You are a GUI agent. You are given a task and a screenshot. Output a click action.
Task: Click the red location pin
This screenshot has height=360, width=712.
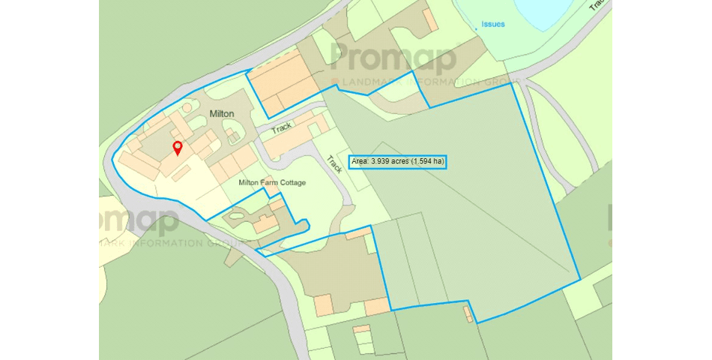click(x=178, y=147)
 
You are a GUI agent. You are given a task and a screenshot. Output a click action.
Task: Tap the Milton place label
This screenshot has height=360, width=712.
click(x=222, y=113)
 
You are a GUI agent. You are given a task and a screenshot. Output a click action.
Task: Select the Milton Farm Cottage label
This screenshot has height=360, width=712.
click(x=272, y=182)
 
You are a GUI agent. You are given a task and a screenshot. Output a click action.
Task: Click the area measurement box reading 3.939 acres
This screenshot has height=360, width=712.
click(x=397, y=161)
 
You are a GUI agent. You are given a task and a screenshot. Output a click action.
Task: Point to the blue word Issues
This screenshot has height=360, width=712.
click(x=493, y=24)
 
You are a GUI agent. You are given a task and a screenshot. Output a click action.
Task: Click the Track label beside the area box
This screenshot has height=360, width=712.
click(x=334, y=164)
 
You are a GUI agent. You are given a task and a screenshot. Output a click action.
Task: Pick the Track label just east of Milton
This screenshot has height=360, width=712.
click(x=282, y=128)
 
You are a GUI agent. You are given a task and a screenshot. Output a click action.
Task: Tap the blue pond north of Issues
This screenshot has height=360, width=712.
click(x=525, y=9)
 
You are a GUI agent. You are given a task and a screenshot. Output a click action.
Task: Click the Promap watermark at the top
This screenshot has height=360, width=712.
click(x=393, y=57)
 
